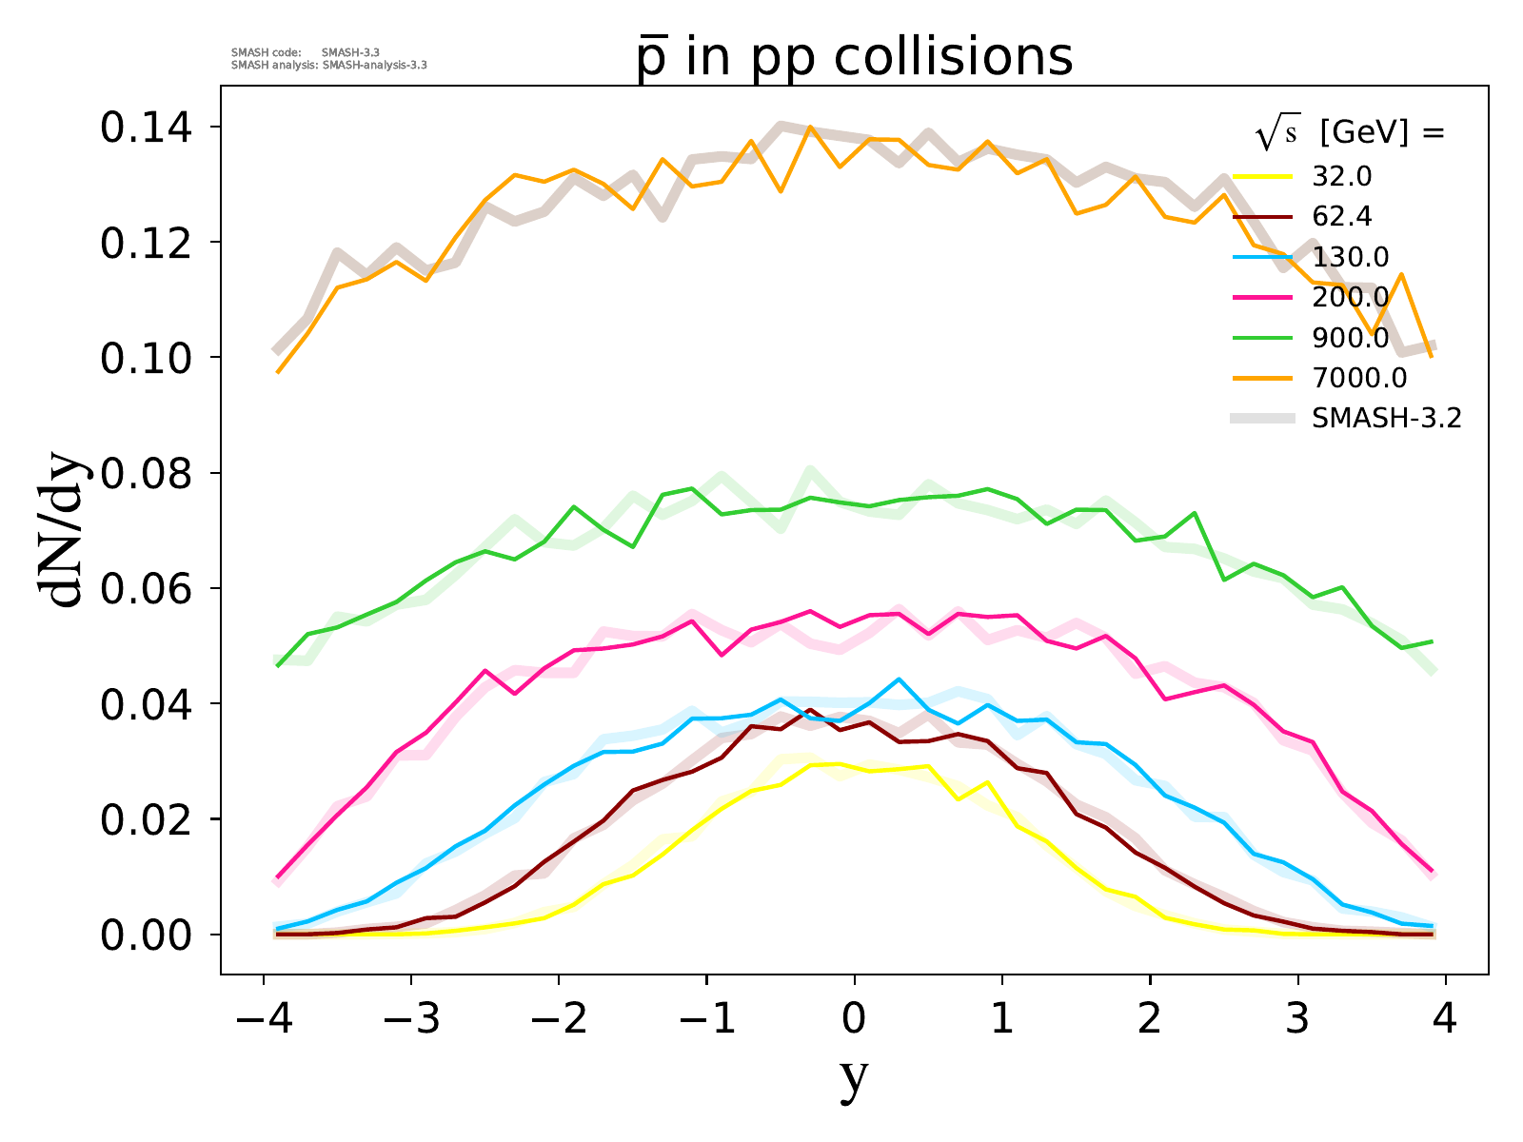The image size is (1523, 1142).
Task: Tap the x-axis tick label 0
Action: (x=854, y=1019)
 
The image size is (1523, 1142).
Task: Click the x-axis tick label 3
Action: (x=1297, y=1019)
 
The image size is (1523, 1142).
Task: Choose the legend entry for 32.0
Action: (x=1342, y=177)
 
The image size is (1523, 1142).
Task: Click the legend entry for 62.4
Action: (x=1342, y=217)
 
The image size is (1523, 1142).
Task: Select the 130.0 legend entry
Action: (x=1350, y=257)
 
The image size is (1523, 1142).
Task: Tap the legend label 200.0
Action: (x=1350, y=298)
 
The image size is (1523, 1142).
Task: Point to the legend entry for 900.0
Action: (x=1350, y=338)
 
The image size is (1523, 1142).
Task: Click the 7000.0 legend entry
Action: (x=1358, y=378)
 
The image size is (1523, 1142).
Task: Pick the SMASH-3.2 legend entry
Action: (x=1386, y=418)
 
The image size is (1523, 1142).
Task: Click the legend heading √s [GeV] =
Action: (x=1350, y=134)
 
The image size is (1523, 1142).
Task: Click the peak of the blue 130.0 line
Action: (x=899, y=679)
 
